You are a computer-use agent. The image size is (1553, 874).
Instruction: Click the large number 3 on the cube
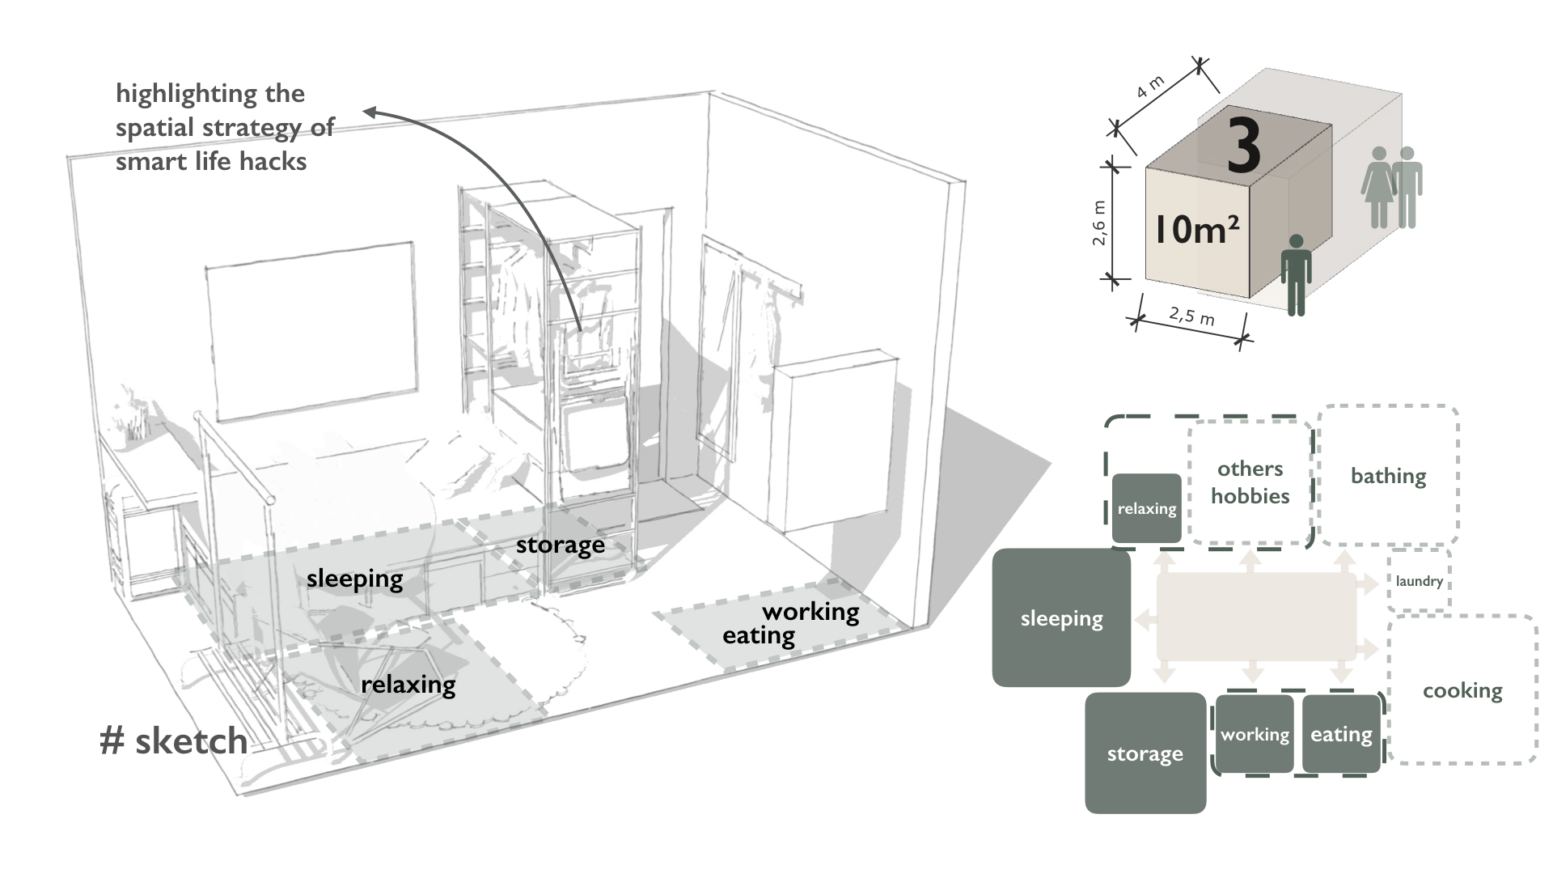click(x=1244, y=146)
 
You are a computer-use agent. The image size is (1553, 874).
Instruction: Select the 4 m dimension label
click(x=1150, y=87)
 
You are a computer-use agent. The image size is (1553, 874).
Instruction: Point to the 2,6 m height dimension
click(x=1099, y=223)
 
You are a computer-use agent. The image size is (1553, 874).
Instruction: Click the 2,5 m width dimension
click(x=1191, y=315)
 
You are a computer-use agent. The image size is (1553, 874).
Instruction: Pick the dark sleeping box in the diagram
click(x=1061, y=618)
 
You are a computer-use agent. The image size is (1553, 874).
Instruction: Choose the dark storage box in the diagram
click(x=1145, y=753)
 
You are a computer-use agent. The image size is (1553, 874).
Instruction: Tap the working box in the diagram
click(x=1255, y=734)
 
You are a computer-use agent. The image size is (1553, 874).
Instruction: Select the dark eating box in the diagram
click(x=1341, y=734)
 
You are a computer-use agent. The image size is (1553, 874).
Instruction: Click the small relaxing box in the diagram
click(x=1147, y=508)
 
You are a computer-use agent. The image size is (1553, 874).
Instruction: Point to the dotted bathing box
click(x=1388, y=476)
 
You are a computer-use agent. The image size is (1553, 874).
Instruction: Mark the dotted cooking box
click(x=1462, y=690)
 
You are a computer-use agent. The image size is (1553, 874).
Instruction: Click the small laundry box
click(x=1419, y=581)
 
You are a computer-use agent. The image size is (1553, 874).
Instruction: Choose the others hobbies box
click(x=1250, y=482)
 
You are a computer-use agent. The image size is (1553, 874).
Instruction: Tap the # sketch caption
click(x=173, y=740)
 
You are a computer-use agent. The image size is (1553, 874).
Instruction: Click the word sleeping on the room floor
click(x=354, y=579)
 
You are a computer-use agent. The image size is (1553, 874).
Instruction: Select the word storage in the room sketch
click(x=560, y=545)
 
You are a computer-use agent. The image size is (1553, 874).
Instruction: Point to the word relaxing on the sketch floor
click(x=408, y=685)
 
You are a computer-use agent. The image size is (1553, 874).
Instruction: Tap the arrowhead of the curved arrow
click(x=368, y=112)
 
